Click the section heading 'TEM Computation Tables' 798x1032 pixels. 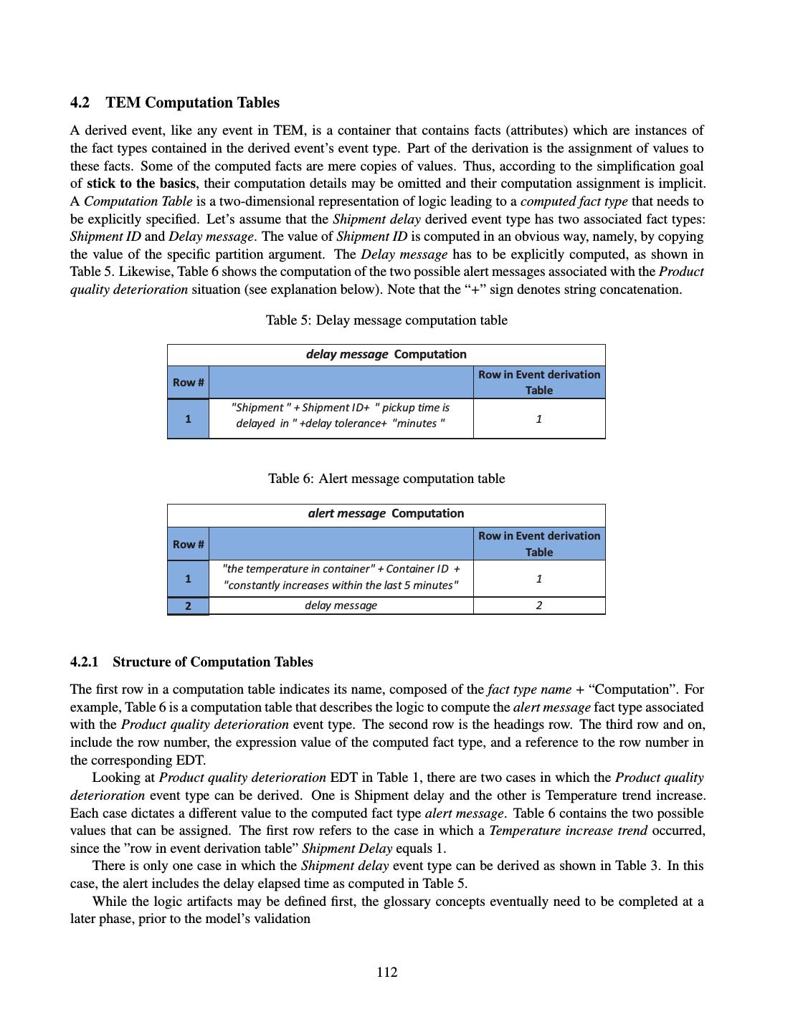point(192,102)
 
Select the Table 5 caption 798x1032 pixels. point(386,320)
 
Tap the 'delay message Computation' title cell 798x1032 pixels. point(386,354)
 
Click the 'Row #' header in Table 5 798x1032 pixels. point(188,382)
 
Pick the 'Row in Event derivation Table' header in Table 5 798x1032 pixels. point(539,382)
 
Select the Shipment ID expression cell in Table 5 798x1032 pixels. point(341,415)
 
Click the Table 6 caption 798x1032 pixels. point(386,479)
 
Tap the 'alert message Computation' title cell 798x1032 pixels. point(386,513)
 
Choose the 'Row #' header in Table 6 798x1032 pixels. point(188,544)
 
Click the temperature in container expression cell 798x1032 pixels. point(341,577)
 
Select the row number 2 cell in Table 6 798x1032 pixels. point(188,606)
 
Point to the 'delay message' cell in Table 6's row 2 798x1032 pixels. point(341,606)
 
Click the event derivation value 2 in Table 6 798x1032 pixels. point(539,606)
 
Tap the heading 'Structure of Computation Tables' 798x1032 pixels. point(212,661)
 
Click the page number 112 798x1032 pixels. point(386,972)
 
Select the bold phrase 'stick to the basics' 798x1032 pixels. point(141,183)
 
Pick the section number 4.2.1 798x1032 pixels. point(84,661)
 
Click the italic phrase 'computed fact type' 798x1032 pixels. point(574,201)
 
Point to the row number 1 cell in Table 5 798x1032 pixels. point(188,419)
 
